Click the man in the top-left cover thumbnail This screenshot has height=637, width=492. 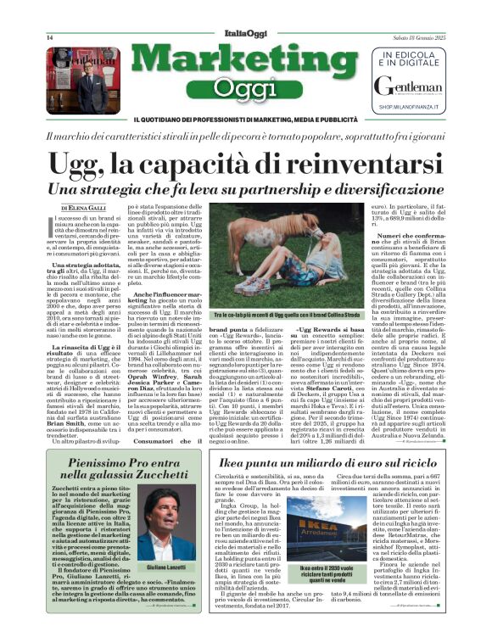[x=89, y=85]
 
